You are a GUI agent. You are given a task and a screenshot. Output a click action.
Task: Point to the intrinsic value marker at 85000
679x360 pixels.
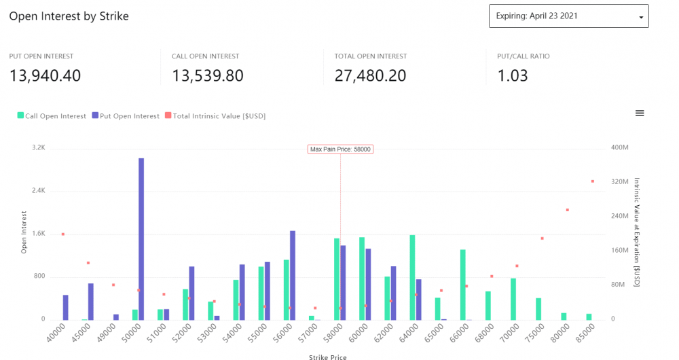coord(592,181)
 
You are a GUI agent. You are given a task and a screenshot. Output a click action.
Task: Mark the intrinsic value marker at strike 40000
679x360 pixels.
coord(62,234)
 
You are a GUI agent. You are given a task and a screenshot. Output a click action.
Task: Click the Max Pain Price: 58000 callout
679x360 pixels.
coord(340,149)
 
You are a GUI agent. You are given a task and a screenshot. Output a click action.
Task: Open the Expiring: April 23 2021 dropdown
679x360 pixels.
coord(568,16)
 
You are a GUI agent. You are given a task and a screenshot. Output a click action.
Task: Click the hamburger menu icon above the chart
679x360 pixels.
coord(640,113)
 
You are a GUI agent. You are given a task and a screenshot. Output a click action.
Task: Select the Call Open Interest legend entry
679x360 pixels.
coord(52,116)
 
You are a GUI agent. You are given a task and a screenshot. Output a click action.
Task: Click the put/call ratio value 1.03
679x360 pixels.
coord(513,75)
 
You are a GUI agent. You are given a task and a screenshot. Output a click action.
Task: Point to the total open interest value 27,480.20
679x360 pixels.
coord(371,75)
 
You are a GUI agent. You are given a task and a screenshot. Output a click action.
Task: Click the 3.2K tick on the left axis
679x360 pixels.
coord(38,147)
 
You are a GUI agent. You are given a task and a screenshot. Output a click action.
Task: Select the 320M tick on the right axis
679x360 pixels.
coord(619,182)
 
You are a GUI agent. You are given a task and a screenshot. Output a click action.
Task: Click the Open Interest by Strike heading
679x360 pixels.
coord(69,16)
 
